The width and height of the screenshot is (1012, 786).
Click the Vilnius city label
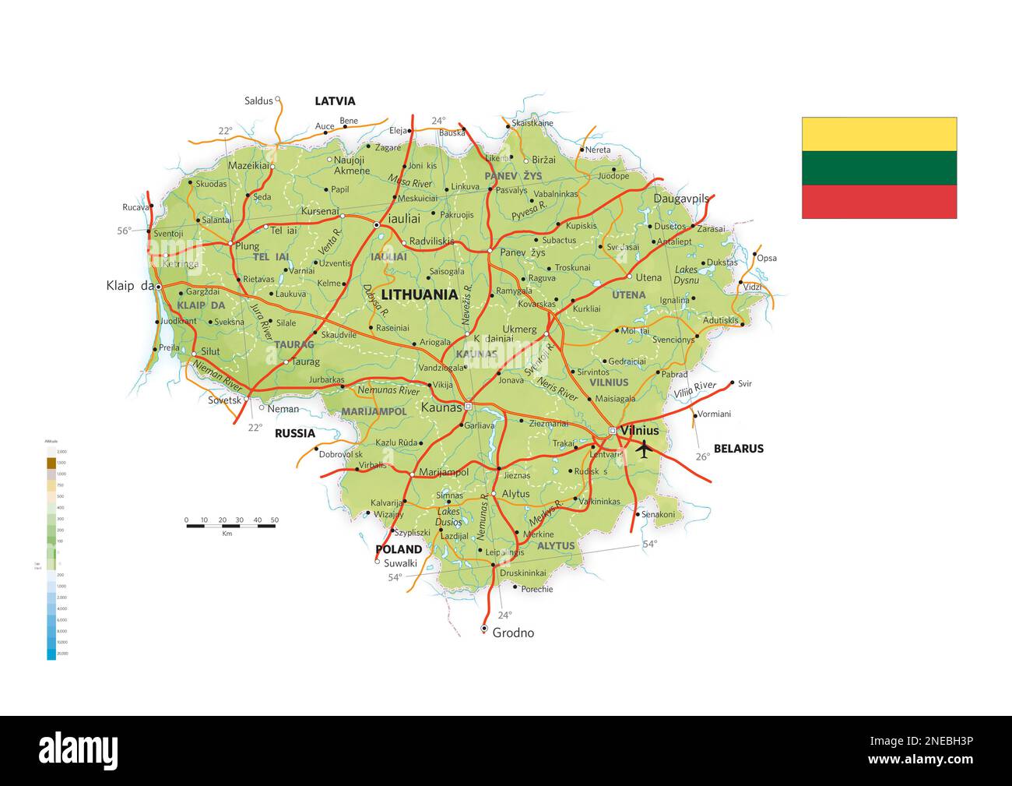pyautogui.click(x=640, y=431)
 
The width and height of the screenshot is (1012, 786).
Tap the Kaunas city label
pyautogui.click(x=441, y=407)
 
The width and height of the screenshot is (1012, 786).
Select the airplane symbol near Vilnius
pyautogui.click(x=644, y=449)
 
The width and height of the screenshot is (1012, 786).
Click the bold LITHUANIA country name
pyautogui.click(x=419, y=294)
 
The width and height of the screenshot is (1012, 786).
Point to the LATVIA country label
pyautogui.click(x=335, y=101)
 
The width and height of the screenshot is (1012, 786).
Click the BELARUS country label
pyautogui.click(x=739, y=449)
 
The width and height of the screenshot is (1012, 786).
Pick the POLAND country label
pyautogui.click(x=399, y=549)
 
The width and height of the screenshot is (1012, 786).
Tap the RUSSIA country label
pyautogui.click(x=295, y=434)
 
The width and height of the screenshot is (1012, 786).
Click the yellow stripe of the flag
pyautogui.click(x=879, y=134)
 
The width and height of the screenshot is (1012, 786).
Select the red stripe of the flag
pyautogui.click(x=879, y=202)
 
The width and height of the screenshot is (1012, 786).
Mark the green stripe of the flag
pyautogui.click(x=879, y=167)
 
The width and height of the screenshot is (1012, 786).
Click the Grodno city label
pyautogui.click(x=514, y=633)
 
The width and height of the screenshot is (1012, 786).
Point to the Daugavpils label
pyautogui.click(x=681, y=199)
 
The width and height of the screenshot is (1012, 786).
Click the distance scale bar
pyautogui.click(x=230, y=526)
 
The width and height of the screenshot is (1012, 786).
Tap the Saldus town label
pyautogui.click(x=258, y=100)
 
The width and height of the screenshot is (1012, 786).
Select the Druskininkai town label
pyautogui.click(x=522, y=573)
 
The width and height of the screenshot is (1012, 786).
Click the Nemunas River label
pyautogui.click(x=388, y=390)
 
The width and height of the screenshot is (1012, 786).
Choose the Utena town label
pyautogui.click(x=648, y=278)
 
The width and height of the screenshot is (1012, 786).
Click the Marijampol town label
pyautogui.click(x=444, y=472)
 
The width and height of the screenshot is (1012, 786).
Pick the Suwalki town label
pyautogui.click(x=401, y=563)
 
